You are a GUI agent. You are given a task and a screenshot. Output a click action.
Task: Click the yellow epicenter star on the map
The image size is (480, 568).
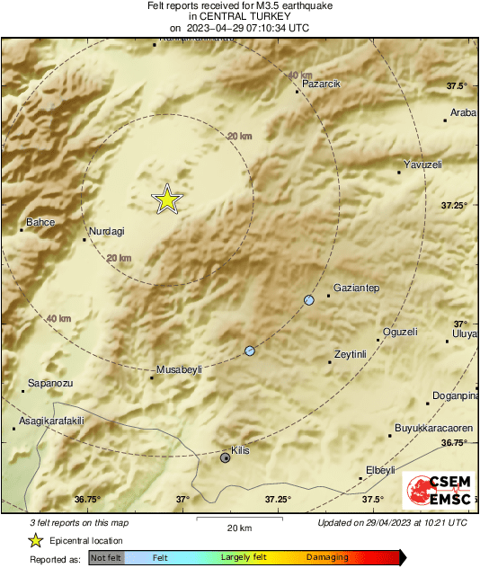[x=166, y=200]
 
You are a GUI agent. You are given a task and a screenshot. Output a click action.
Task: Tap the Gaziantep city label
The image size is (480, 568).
[x=357, y=288]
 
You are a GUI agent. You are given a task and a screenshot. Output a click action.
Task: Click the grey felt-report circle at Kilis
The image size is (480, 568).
[x=226, y=457]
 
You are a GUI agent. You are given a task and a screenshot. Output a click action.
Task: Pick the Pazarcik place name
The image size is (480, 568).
[x=322, y=83]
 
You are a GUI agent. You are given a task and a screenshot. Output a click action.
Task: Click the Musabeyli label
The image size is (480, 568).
[x=179, y=369]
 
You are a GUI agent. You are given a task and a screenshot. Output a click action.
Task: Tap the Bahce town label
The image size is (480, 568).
[x=40, y=222]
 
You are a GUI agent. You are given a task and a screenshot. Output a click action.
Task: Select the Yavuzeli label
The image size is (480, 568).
[x=423, y=164]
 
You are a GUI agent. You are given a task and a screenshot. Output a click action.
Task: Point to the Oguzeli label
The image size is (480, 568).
[x=400, y=332]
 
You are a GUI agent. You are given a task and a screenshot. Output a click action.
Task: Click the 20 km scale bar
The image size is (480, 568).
[x=238, y=519]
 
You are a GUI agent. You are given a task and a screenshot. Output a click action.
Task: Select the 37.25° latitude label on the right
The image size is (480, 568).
[x=454, y=206]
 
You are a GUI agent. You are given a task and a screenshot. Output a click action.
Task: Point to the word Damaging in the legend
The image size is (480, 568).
[x=327, y=557]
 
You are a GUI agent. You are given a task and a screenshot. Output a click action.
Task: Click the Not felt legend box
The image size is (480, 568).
[x=106, y=558]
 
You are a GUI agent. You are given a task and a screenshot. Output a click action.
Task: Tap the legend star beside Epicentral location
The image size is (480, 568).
[x=35, y=540]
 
